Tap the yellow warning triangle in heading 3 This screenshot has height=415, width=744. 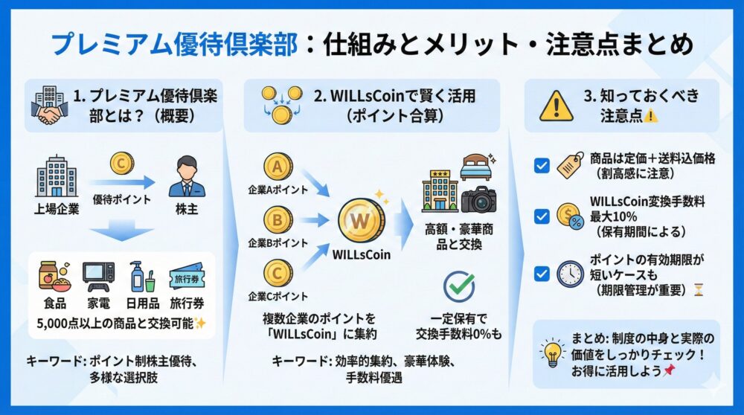[556, 106]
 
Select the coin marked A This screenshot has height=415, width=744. [277, 166]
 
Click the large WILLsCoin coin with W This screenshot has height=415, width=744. [362, 221]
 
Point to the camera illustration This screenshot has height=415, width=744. [478, 199]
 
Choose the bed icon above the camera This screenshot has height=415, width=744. [477, 167]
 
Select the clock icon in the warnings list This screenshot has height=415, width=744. [570, 274]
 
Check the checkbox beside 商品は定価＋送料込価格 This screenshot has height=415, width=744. [542, 166]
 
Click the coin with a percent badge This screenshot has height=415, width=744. [570, 217]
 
